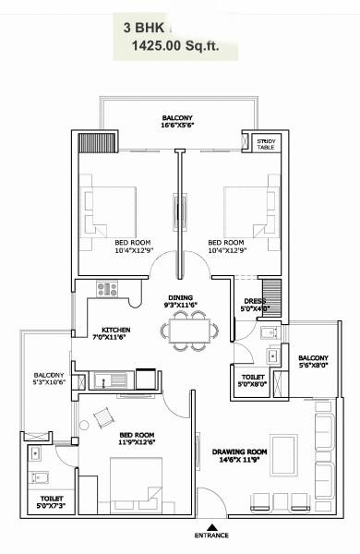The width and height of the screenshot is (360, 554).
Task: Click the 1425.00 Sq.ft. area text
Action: pyautogui.click(x=178, y=46)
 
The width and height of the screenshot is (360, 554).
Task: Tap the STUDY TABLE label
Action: pyautogui.click(x=266, y=142)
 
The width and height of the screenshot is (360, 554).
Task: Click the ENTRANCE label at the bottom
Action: pyautogui.click(x=213, y=536)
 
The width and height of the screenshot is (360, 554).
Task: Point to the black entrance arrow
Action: pyautogui.click(x=213, y=523)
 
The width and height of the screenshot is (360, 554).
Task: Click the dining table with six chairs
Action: pyautogui.click(x=183, y=330)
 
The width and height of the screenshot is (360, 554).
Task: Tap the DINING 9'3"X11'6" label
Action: pyautogui.click(x=180, y=301)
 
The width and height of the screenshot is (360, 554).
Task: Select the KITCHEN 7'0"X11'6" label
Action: pyautogui.click(x=116, y=334)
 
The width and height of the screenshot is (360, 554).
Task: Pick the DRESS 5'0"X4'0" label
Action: pyautogui.click(x=255, y=304)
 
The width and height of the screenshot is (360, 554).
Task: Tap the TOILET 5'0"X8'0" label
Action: pyautogui.click(x=252, y=382)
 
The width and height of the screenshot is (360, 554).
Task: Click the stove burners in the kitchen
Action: pyautogui.click(x=107, y=289)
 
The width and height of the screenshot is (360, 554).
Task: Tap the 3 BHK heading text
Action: pyautogui.click(x=140, y=28)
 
